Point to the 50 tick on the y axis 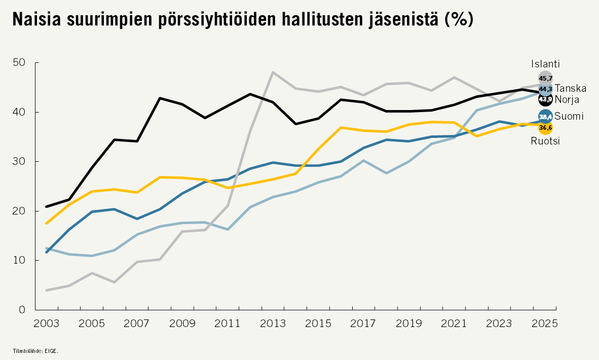point(19,63)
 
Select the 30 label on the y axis point(19,161)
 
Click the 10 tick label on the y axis point(19,260)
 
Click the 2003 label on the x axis point(46,323)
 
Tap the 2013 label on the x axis point(273,323)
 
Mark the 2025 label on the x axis point(545,323)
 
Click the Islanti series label point(545,64)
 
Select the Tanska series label point(570,89)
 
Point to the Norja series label point(567,99)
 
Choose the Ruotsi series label point(545,141)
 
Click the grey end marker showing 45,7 point(545,78)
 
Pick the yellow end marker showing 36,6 point(545,128)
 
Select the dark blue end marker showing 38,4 point(545,117)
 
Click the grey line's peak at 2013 point(273,73)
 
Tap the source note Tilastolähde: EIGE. point(32,350)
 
